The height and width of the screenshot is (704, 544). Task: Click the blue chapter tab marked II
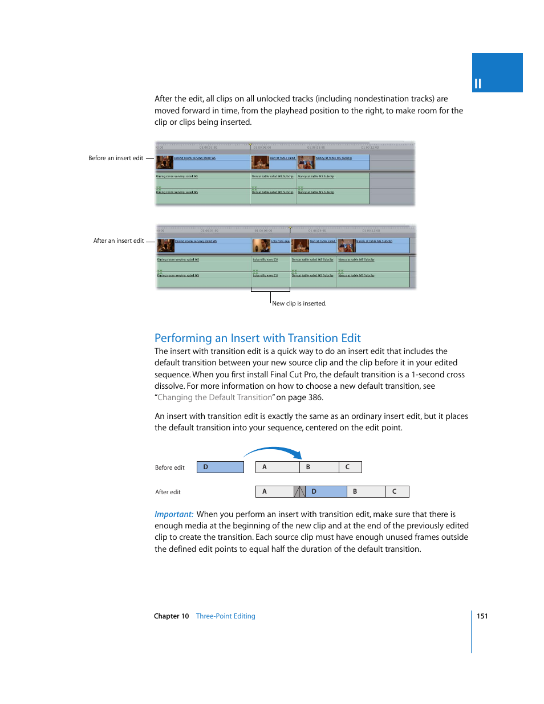tap(497, 73)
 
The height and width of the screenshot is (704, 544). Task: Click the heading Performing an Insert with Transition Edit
tap(257, 338)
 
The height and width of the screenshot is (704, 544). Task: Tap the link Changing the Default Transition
tap(215, 398)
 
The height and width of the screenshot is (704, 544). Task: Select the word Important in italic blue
tap(174, 514)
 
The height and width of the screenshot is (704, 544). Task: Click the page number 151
tap(482, 616)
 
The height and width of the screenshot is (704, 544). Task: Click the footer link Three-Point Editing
tap(225, 616)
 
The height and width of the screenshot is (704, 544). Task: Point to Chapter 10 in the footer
tap(171, 616)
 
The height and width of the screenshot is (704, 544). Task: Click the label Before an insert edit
tap(116, 158)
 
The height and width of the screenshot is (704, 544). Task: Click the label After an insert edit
tap(119, 241)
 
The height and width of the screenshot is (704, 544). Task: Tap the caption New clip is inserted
tap(299, 304)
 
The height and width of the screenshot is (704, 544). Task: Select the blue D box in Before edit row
tap(220, 467)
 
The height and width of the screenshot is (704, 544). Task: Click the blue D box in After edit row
tap(326, 491)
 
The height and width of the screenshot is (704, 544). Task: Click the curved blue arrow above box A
tap(274, 450)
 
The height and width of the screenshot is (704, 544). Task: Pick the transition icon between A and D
tap(299, 491)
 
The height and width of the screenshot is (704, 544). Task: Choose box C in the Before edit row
tap(350, 467)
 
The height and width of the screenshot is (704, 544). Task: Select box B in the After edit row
tap(366, 491)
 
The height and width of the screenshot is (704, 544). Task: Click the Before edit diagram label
tap(170, 468)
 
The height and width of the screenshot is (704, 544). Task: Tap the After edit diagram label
tap(168, 493)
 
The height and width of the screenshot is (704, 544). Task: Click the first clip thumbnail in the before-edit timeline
tap(165, 162)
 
